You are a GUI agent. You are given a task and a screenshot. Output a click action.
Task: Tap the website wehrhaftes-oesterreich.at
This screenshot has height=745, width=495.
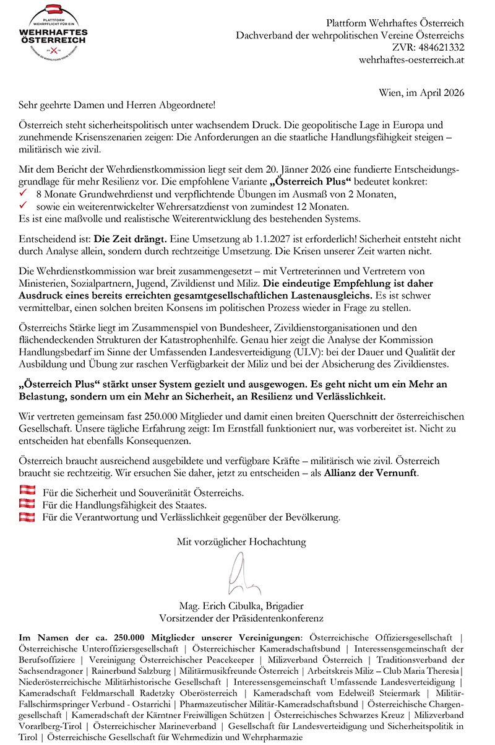(411, 60)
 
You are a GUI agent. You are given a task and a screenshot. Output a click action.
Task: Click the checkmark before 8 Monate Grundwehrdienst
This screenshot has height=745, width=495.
(24, 194)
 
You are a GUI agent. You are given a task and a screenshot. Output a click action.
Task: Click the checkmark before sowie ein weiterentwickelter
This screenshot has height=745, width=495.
(24, 206)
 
